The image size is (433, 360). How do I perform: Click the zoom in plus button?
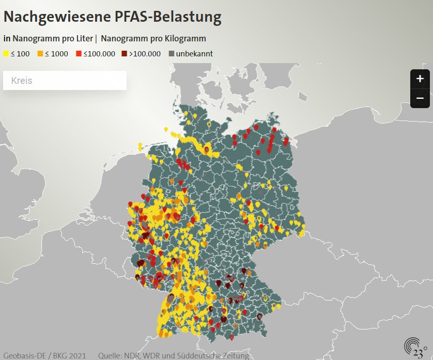coord(420,79)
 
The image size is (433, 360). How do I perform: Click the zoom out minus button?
coord(420,98)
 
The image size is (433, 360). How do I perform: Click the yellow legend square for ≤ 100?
coord(6,54)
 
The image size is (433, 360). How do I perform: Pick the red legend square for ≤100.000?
coord(79,54)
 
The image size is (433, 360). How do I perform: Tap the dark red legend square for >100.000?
coord(125,54)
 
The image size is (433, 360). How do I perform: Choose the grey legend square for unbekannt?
coord(172,54)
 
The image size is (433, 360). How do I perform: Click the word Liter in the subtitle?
coord(83,38)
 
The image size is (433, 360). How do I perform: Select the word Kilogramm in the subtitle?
coord(184,38)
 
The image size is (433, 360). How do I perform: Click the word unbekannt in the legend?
coord(194,54)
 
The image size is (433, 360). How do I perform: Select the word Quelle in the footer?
coord(109,356)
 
